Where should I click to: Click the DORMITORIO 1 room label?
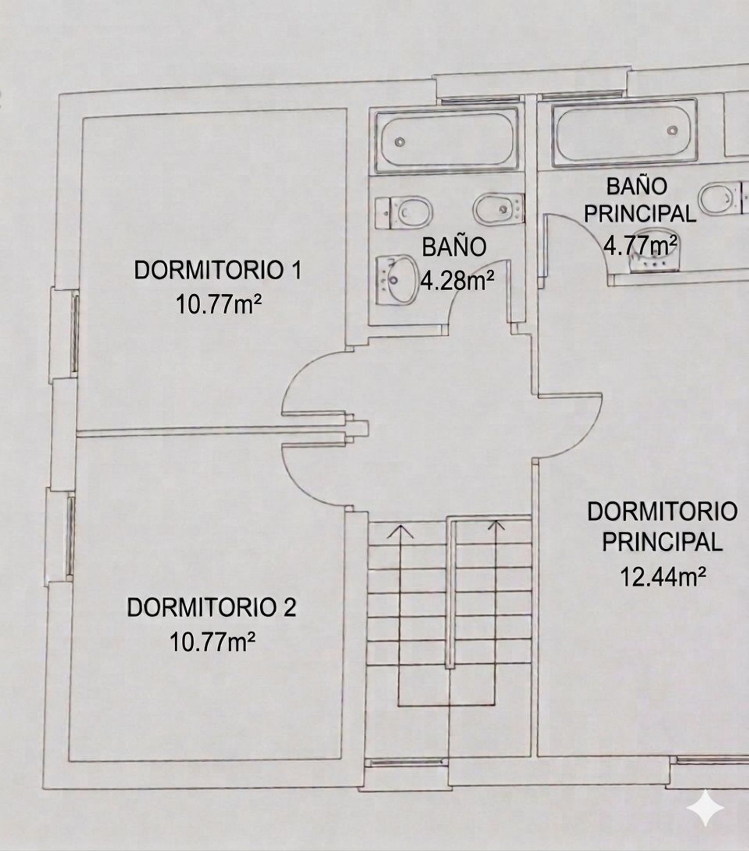pos(218,271)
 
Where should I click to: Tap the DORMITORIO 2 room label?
pos(212,608)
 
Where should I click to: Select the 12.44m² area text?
pos(663,577)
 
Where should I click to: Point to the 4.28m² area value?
pos(457,281)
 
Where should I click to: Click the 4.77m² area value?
pos(641,244)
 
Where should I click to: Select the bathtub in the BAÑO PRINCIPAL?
pos(624,134)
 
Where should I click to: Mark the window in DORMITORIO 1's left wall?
pos(75,333)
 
